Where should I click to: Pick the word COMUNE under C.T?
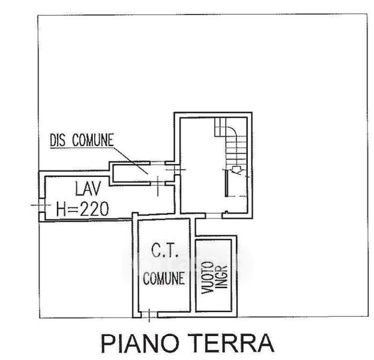163,278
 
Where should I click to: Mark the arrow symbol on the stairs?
238,171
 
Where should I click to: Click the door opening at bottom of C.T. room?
146,313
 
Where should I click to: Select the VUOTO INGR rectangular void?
214,275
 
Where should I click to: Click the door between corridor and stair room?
173,170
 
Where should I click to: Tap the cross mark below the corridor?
157,187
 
